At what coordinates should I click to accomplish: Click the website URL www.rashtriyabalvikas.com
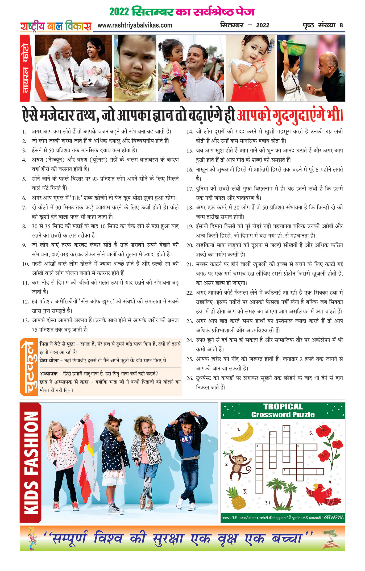tap(135, 25)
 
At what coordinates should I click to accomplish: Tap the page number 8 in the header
tap(341, 26)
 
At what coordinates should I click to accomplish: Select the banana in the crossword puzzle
tap(243, 432)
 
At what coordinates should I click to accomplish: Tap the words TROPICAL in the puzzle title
tap(283, 407)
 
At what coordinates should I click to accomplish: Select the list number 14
tap(190, 132)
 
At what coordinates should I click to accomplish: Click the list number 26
tap(190, 378)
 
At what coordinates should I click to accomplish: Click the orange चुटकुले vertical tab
tap(29, 367)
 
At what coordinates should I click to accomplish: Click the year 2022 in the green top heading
tap(119, 12)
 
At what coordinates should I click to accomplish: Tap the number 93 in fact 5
tap(95, 179)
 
